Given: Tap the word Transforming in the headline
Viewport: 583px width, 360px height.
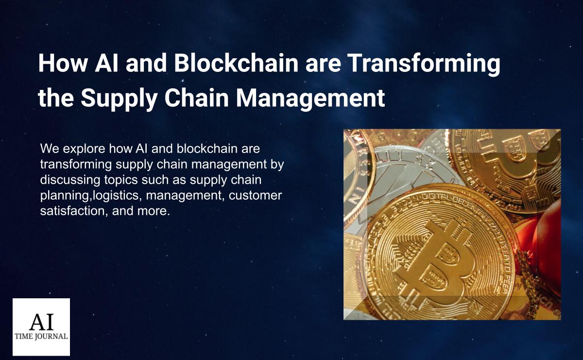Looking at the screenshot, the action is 424,64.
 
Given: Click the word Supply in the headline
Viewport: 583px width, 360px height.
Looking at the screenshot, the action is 119,99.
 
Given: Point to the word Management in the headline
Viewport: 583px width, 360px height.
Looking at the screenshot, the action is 310,99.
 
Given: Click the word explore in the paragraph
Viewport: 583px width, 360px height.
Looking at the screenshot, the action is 84,149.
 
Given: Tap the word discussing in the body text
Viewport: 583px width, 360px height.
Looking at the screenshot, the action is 70,180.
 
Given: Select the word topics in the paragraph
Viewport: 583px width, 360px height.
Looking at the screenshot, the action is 121,180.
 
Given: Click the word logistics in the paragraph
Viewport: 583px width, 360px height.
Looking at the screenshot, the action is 116,196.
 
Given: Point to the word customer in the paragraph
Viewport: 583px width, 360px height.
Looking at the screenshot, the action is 255,195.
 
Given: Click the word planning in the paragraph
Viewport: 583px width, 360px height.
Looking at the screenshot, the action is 65,196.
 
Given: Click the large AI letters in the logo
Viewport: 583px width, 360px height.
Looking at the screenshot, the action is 41,322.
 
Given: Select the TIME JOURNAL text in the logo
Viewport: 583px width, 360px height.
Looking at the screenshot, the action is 41,336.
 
